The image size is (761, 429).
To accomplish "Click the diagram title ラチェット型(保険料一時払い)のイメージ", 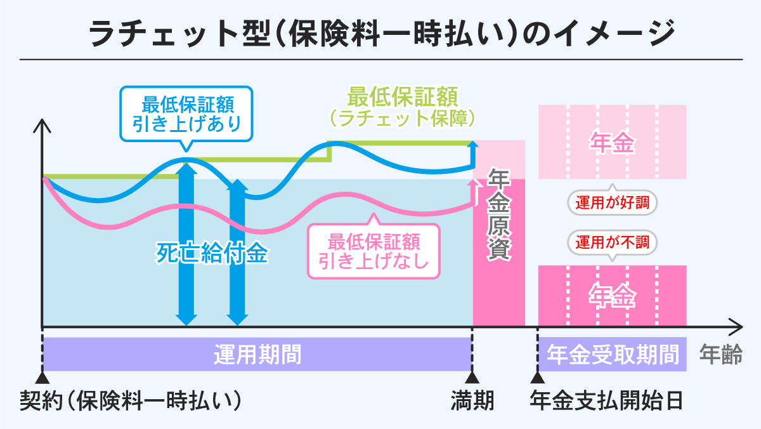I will pyautogui.click(x=380, y=33).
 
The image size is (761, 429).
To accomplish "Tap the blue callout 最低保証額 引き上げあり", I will pyautogui.click(x=186, y=112).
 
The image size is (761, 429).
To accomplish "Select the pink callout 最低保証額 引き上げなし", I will pyautogui.click(x=373, y=251).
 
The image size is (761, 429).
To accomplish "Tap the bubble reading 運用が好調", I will pyautogui.click(x=612, y=204).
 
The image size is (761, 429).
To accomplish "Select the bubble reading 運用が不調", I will pyautogui.click(x=612, y=242).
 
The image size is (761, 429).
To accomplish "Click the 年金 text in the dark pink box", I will pyautogui.click(x=612, y=296).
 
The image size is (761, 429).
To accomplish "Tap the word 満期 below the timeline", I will pyautogui.click(x=472, y=400).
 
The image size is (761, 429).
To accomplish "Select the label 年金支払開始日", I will pyautogui.click(x=606, y=400).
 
